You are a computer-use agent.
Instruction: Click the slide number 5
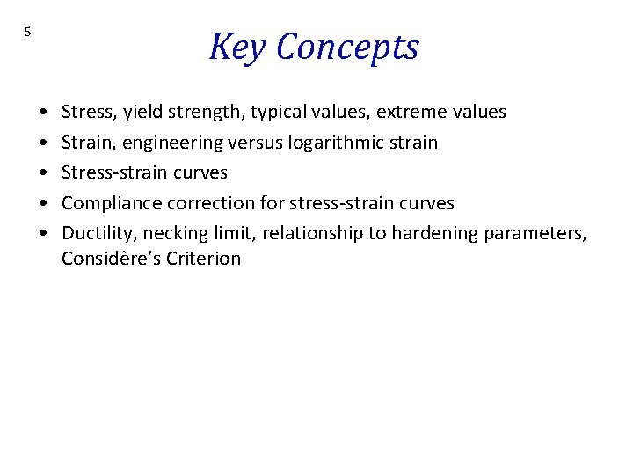pyautogui.click(x=27, y=32)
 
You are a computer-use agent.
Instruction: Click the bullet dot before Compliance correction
pyautogui.click(x=43, y=203)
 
